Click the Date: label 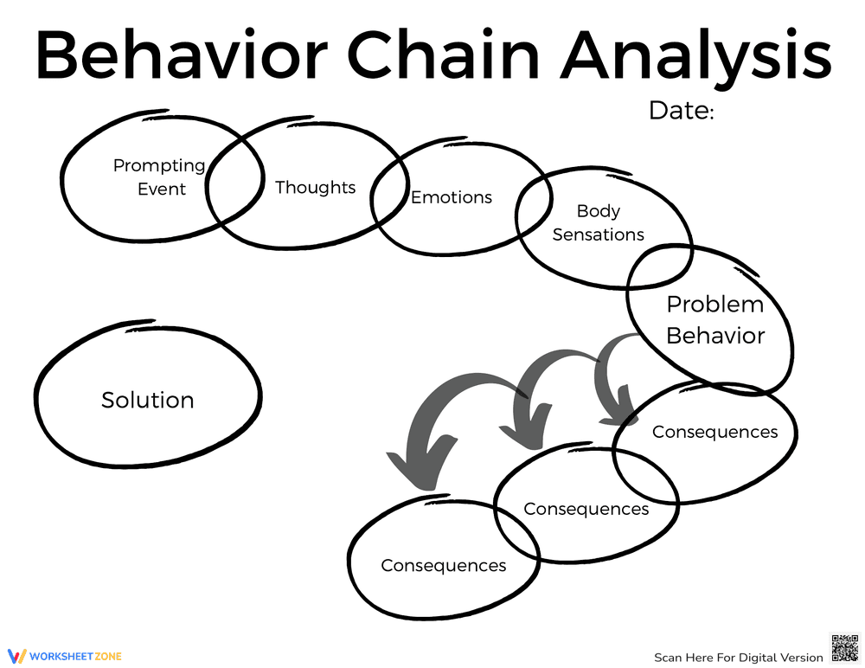click(x=681, y=111)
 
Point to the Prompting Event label click(x=159, y=177)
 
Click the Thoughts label click(x=315, y=187)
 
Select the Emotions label click(x=451, y=197)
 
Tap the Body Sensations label click(x=598, y=222)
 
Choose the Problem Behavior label click(x=715, y=319)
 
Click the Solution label click(x=147, y=400)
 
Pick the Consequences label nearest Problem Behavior click(x=714, y=432)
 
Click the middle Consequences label click(x=586, y=509)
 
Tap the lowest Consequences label click(x=443, y=565)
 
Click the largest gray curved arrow click(x=432, y=424)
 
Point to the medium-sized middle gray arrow click(x=536, y=389)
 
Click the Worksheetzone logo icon click(x=17, y=656)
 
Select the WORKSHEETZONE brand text click(x=75, y=657)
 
